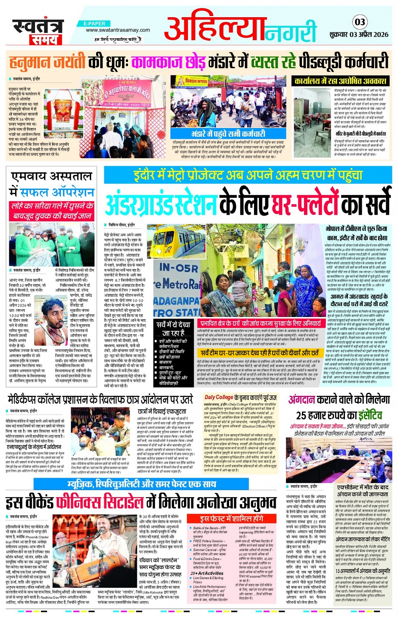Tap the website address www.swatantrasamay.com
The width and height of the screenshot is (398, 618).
click(x=118, y=30)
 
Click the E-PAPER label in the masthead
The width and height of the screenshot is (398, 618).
click(x=94, y=24)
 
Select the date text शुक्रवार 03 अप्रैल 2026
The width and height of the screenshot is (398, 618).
click(x=359, y=35)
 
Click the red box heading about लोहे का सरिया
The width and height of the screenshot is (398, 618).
click(x=51, y=211)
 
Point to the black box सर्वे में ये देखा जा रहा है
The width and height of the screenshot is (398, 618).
click(x=173, y=328)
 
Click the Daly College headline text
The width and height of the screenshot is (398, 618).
click(x=240, y=397)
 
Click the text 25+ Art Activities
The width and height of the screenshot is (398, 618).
click(x=207, y=573)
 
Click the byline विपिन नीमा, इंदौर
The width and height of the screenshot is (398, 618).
click(x=122, y=225)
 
